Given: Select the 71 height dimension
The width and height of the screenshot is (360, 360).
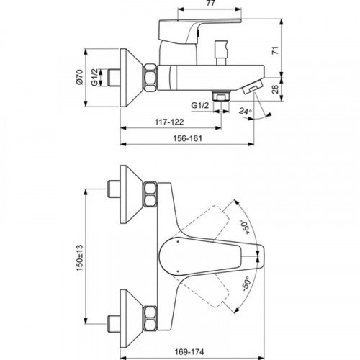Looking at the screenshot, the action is coord(276,50).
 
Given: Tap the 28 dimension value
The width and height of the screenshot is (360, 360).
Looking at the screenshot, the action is coord(276,89).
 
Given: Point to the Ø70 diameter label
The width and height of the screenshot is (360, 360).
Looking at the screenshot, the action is coord(79,77).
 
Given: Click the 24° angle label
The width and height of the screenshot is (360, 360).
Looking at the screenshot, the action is coord(246,112).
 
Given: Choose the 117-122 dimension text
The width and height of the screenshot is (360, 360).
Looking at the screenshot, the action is coord(169,122).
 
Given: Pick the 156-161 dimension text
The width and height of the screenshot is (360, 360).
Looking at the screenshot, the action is coord(187,138).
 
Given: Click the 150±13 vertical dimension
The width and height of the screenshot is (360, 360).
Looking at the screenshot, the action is coord(79,258).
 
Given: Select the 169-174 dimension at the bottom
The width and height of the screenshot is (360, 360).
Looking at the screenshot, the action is coord(189,352).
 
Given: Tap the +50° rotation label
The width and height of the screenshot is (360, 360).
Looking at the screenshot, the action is coord(246,227).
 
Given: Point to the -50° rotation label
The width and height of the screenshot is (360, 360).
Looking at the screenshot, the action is coord(246,284).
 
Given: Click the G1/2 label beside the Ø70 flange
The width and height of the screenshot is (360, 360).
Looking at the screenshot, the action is coord(94,77).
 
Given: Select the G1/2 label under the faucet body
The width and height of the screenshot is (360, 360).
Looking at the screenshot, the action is coord(200,105).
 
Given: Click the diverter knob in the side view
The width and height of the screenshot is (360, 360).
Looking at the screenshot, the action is coord(221,53).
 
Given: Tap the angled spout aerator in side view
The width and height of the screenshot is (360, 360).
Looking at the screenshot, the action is coord(252,87).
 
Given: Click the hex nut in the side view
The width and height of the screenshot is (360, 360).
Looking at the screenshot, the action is coord(150,77).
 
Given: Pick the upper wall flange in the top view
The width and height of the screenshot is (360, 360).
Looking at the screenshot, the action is coord(132,194).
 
